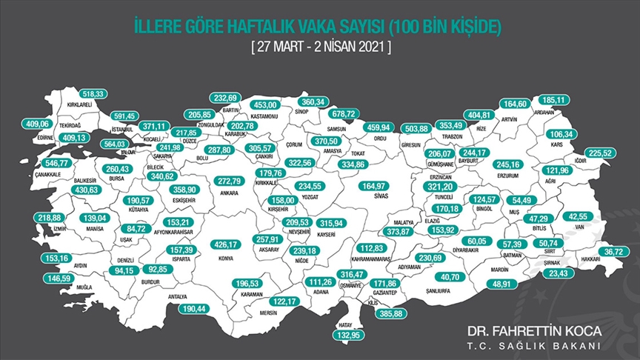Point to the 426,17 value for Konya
227,244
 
